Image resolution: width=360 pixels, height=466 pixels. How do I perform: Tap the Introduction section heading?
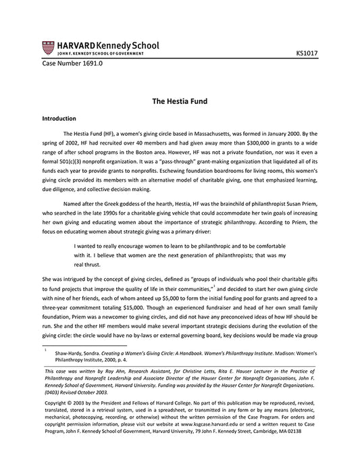(61, 118)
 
